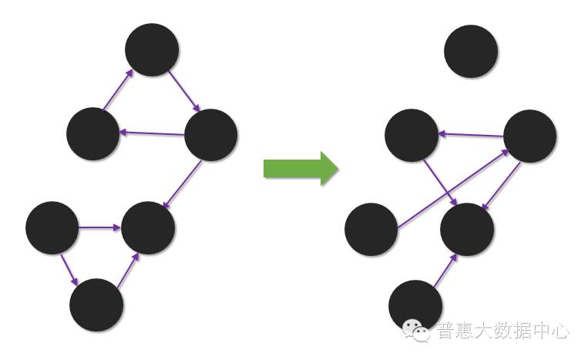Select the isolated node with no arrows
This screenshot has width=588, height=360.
point(471,51)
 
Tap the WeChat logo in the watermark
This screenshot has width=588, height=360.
point(420,331)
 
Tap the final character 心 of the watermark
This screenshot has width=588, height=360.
point(562,331)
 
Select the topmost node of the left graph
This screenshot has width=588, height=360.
point(152,50)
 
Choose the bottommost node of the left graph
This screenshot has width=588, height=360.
point(96,304)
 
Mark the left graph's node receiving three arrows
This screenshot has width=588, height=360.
point(148,227)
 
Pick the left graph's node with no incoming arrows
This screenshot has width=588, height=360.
point(52,227)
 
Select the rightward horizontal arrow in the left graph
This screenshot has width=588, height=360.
point(100,227)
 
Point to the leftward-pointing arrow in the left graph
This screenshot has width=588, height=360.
point(152,133)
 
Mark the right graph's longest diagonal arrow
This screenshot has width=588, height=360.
point(453,189)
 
